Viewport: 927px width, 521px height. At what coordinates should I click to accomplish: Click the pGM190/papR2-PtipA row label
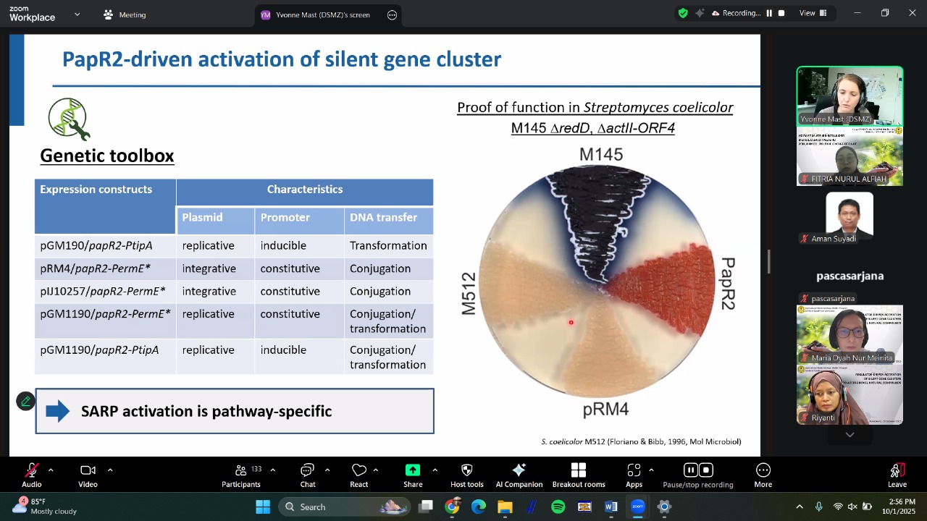96,246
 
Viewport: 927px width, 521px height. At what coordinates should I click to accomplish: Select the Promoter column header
285,218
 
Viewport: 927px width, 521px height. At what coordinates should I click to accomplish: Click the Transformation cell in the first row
388,246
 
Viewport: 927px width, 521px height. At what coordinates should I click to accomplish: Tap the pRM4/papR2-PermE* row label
96,268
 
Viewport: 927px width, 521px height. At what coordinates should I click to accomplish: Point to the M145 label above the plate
600,154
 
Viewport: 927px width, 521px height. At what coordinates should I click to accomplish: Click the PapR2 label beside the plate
727,284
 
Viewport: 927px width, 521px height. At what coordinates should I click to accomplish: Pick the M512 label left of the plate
469,293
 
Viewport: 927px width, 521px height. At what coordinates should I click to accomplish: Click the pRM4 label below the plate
605,410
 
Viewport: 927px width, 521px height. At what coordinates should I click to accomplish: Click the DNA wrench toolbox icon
69,119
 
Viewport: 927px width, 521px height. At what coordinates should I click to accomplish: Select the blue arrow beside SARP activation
58,412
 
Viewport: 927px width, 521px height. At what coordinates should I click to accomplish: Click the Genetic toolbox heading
106,156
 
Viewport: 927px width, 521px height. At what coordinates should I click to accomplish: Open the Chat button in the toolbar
307,475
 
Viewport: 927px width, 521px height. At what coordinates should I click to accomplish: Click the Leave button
897,475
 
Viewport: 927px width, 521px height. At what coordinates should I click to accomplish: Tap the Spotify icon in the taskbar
558,507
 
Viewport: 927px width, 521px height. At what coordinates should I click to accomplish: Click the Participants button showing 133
241,475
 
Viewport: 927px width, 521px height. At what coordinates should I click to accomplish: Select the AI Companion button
519,475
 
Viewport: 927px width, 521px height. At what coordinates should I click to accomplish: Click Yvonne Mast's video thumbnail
850,97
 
